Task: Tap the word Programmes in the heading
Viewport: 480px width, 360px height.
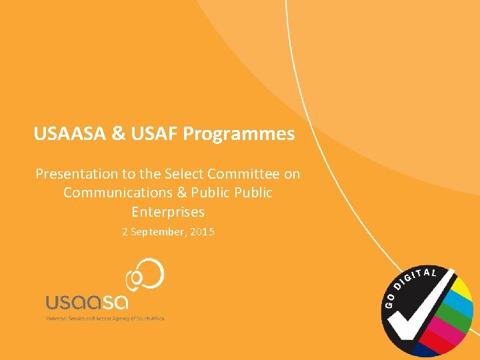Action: pos(239,134)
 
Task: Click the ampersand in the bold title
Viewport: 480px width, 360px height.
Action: pos(118,134)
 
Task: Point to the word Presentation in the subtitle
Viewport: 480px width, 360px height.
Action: pos(76,174)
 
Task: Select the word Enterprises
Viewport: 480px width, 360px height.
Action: pos(168,212)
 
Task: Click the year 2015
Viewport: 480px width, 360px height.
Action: pos(202,233)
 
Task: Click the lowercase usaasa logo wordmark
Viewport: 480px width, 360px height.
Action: pos(87,302)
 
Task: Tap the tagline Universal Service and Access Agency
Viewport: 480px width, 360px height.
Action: pos(105,318)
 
